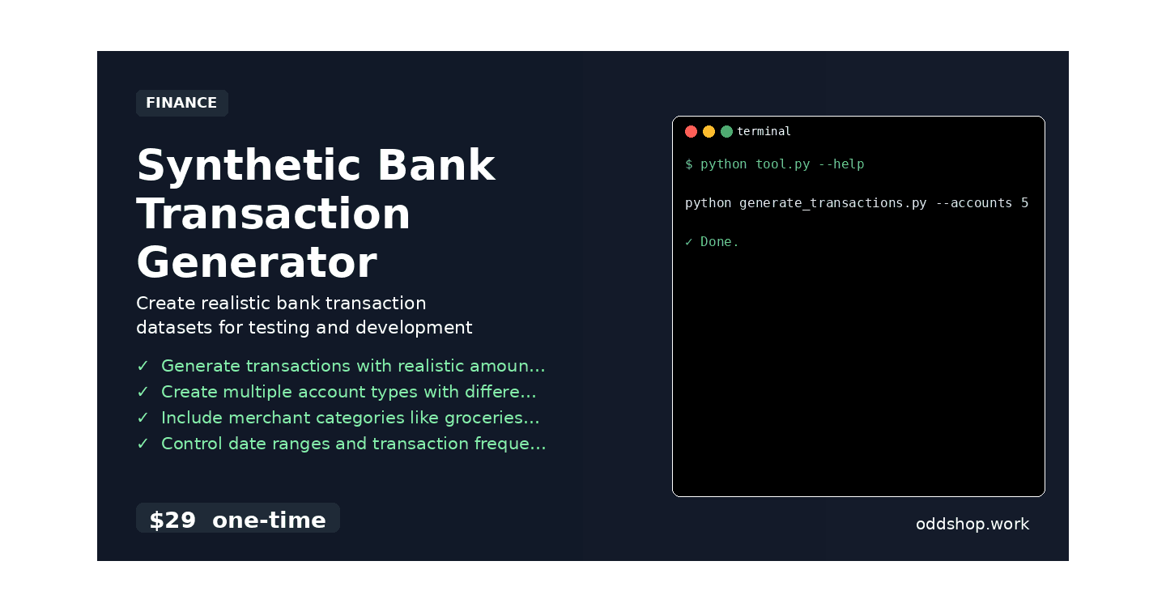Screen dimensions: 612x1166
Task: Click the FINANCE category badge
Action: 181,103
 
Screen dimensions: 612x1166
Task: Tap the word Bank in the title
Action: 436,166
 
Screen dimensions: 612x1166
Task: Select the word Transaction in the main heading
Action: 274,215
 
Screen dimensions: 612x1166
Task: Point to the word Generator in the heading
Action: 256,263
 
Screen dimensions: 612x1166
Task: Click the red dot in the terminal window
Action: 691,131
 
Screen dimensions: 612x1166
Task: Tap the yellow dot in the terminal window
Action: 709,131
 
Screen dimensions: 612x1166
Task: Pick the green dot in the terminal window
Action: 726,131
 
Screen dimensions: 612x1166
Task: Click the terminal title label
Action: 764,131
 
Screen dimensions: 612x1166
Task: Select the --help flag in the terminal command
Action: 841,164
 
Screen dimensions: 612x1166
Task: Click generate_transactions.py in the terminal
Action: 832,203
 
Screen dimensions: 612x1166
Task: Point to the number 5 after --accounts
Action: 1024,203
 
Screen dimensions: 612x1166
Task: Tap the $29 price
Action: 172,520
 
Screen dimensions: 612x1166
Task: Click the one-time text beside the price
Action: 269,520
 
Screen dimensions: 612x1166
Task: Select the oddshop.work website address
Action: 972,524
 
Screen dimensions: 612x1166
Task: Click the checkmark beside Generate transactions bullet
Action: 143,366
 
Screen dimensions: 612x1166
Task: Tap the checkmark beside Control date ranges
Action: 143,444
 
